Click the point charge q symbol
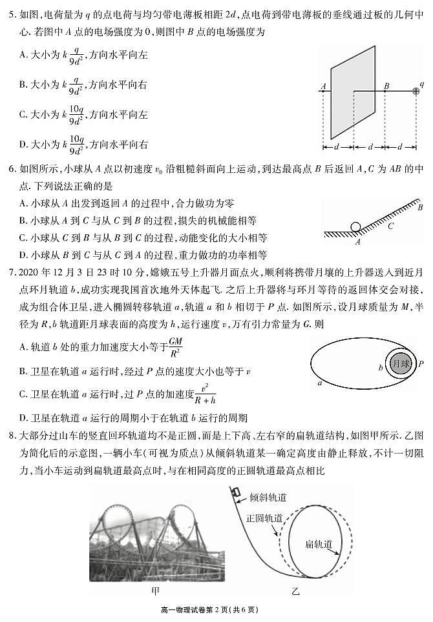[416, 92]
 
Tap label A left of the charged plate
[322, 85]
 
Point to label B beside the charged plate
[386, 85]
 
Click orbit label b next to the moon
[381, 368]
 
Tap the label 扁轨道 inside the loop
[319, 545]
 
